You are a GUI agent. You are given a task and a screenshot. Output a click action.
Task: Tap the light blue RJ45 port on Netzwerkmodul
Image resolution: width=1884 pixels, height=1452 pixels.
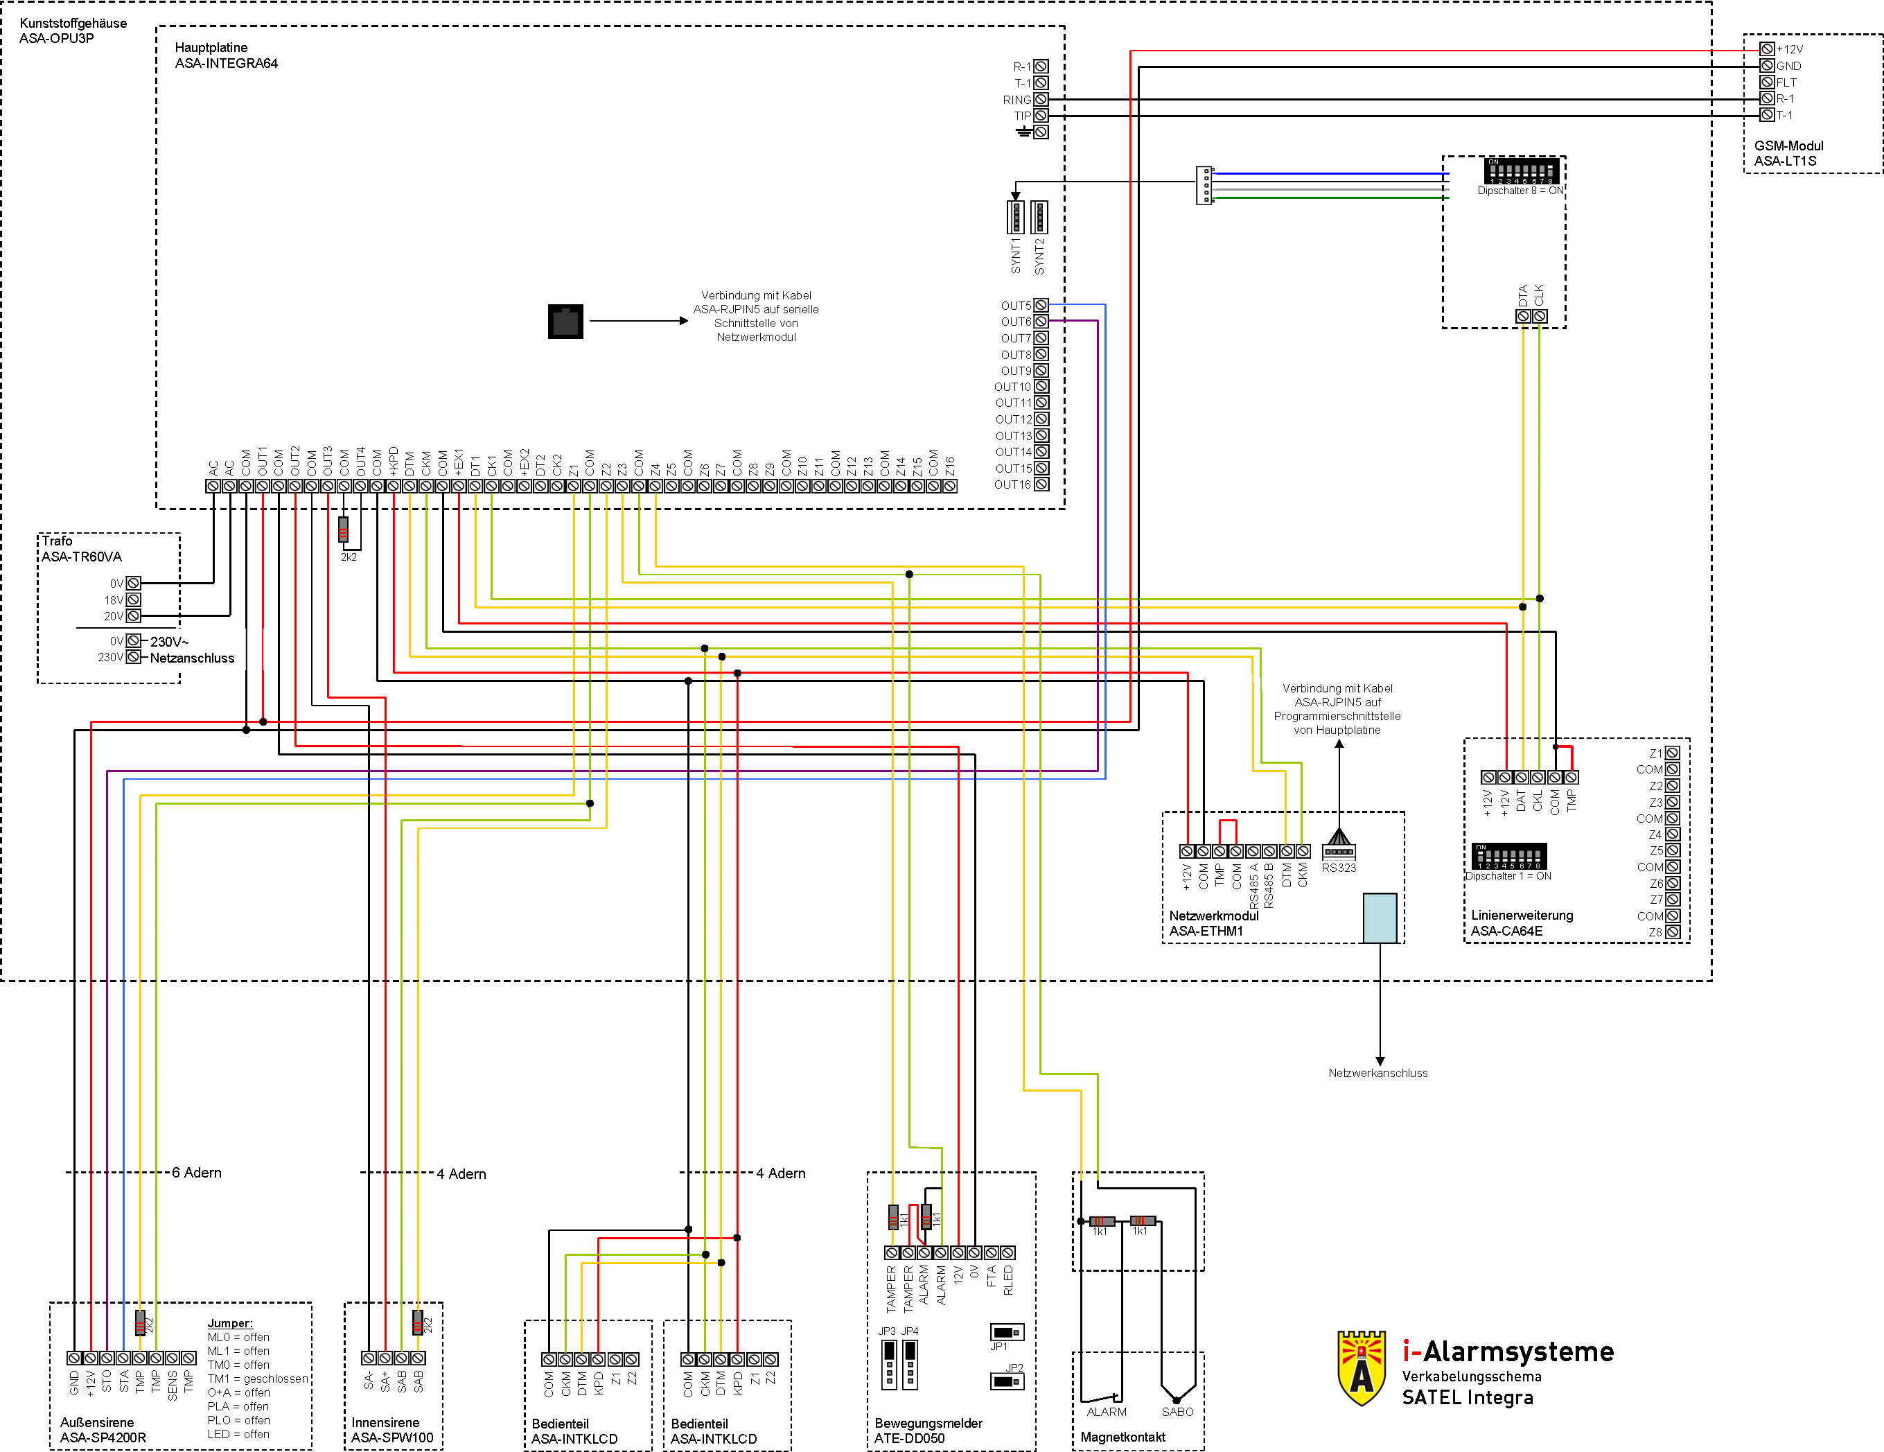click(x=1380, y=917)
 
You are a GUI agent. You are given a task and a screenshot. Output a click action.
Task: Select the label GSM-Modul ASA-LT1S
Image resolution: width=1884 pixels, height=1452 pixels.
click(x=1788, y=154)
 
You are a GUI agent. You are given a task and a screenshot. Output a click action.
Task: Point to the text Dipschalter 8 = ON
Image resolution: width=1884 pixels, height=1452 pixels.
click(x=1520, y=191)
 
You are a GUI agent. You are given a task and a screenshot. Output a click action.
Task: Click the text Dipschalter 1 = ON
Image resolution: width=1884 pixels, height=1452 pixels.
click(x=1508, y=875)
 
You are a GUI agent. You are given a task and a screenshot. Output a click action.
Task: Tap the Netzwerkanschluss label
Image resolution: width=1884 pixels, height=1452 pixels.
click(x=1377, y=1074)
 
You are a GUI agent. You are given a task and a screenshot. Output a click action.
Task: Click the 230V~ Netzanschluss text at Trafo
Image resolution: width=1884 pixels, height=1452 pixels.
click(x=191, y=649)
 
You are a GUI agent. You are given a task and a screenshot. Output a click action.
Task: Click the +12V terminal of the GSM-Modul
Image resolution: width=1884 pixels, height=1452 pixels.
click(x=1767, y=49)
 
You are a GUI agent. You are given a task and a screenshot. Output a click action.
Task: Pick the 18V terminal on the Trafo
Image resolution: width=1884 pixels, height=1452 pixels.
click(x=134, y=600)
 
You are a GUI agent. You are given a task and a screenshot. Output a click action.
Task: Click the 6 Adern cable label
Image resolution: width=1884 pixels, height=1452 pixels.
click(x=197, y=1173)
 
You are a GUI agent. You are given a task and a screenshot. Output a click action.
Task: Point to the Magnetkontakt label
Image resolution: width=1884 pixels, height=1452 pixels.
click(x=1123, y=1437)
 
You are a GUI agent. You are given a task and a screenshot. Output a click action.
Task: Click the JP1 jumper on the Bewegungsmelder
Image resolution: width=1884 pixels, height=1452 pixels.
click(x=1007, y=1332)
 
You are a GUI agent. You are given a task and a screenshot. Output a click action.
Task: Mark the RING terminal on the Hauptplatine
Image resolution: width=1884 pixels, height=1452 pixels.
click(x=1041, y=99)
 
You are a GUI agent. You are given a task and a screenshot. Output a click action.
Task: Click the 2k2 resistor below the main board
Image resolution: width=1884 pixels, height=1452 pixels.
click(x=343, y=529)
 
